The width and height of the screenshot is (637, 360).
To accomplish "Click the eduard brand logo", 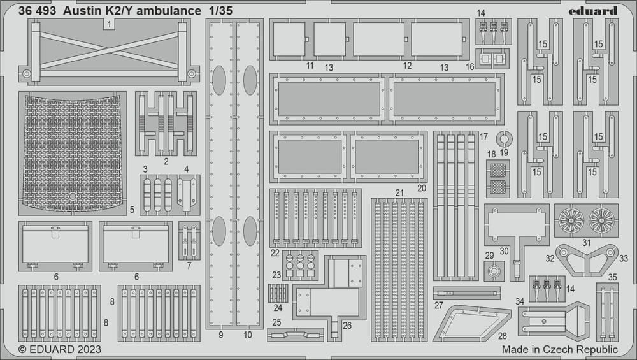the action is [592, 11].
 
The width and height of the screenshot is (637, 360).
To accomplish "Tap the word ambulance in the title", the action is [169, 11].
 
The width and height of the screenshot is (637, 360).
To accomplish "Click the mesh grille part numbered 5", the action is [73, 154].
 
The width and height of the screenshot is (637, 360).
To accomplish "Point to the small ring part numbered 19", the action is [504, 134].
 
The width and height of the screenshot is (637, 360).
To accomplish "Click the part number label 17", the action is [483, 136].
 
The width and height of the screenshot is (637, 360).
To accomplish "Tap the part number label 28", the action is [503, 336].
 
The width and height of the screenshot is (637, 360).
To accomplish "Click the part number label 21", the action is [400, 192].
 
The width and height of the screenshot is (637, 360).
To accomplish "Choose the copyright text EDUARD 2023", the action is [60, 349].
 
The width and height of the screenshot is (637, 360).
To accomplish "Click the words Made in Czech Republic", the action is [559, 349].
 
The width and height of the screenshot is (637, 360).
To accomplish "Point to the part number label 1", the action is [108, 25].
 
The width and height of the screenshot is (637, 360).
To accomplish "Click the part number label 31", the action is [586, 243].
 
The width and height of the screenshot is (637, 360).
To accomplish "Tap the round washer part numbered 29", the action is [494, 271].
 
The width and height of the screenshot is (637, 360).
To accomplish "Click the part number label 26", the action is [347, 326].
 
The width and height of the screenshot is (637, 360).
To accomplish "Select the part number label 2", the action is [166, 161].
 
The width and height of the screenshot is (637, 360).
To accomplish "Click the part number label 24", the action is [278, 308].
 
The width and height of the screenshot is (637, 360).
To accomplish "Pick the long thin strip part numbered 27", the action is [466, 292].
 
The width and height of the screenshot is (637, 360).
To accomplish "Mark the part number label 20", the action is [422, 188].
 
